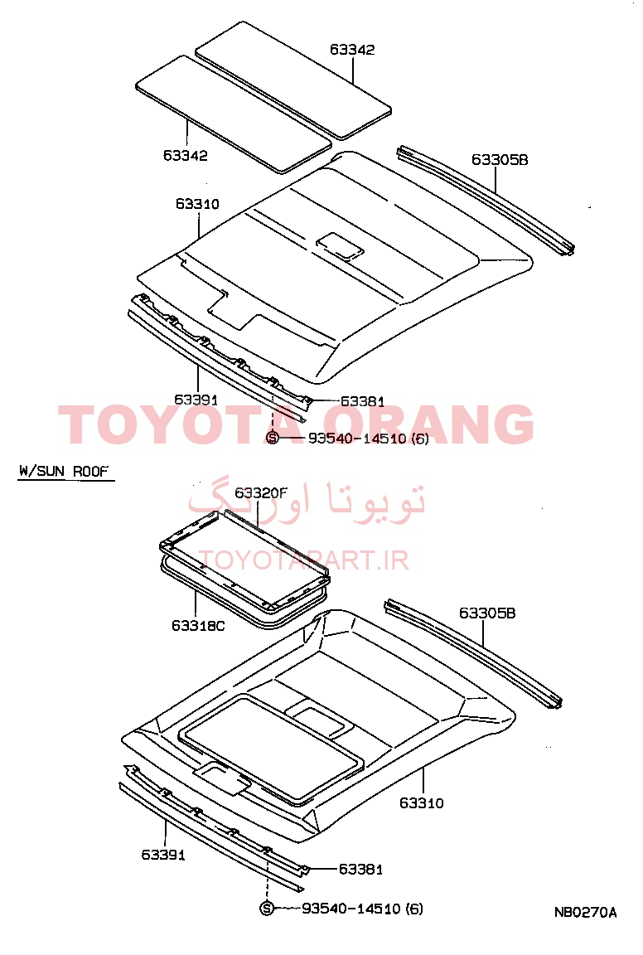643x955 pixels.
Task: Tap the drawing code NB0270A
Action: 585,912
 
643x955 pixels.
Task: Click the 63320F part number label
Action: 260,492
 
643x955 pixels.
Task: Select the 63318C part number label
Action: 198,626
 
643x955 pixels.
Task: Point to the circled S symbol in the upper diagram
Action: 272,438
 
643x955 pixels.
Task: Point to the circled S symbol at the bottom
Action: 266,909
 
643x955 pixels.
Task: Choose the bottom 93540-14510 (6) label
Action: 362,909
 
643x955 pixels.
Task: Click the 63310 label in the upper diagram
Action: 197,204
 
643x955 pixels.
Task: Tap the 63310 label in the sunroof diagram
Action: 422,802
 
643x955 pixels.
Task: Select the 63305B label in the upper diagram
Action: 500,159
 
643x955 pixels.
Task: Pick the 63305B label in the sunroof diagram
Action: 487,613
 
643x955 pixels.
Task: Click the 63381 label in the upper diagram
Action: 362,401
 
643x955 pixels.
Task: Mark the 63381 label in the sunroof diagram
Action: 360,869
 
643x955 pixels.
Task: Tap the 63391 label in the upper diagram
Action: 196,400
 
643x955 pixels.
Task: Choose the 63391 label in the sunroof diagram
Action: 163,855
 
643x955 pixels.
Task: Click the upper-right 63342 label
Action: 352,50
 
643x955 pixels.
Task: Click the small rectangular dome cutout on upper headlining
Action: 341,245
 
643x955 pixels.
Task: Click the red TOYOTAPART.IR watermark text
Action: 303,560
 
